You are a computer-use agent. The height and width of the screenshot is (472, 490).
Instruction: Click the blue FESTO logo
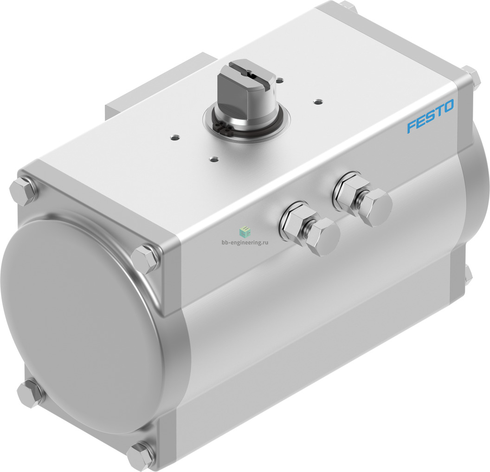pos(430,116)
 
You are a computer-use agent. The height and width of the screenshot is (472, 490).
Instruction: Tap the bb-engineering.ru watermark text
pos(245,242)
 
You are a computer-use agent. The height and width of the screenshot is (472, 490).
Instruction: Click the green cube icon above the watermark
pos(245,232)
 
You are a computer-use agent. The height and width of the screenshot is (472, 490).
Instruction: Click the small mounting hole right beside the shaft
pos(281,79)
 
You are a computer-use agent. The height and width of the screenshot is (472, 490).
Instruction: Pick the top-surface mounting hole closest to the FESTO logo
pos(318,101)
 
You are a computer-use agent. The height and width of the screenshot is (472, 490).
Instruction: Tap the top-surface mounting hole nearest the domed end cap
pos(174,137)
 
